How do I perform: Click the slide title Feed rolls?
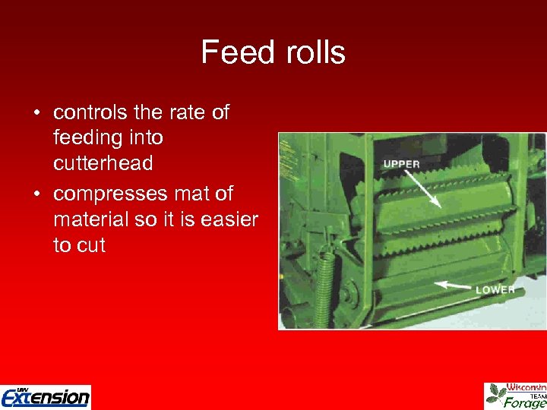[x=273, y=52]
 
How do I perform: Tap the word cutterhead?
[x=103, y=163]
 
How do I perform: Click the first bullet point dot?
[x=36, y=113]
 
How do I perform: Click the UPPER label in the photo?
[x=401, y=164]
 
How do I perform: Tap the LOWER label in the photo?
[x=495, y=290]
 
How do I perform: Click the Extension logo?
[x=46, y=396]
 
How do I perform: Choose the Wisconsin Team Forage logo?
[x=516, y=396]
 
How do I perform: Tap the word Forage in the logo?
[x=526, y=403]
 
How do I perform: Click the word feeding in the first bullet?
[x=86, y=137]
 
